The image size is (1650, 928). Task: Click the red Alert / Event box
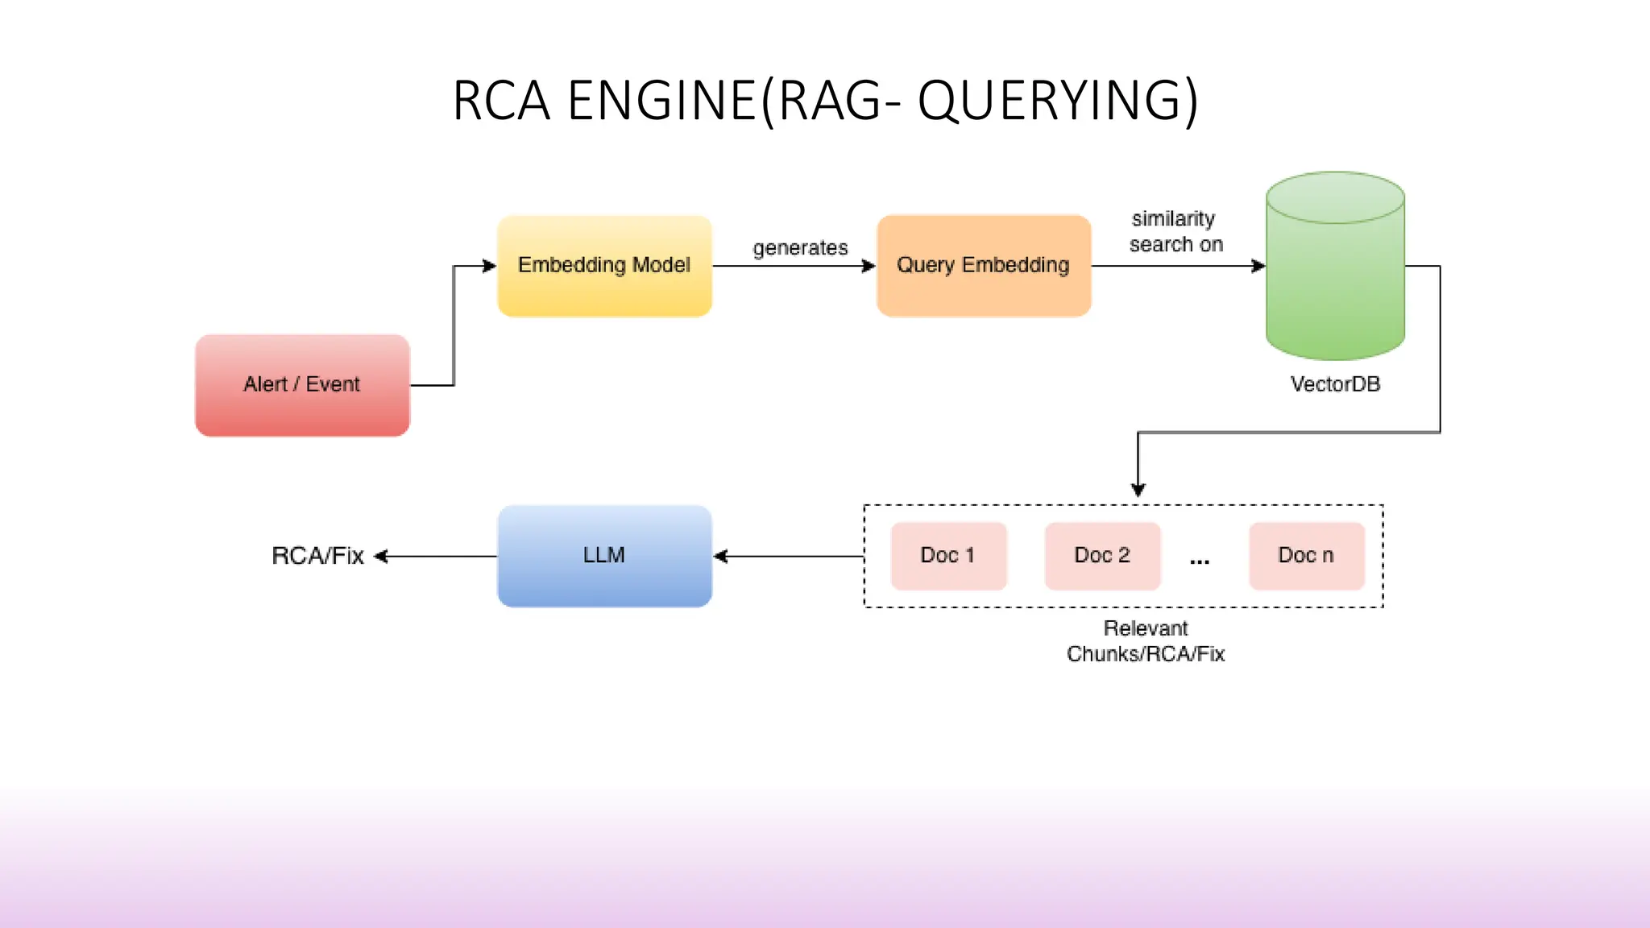tap(302, 385)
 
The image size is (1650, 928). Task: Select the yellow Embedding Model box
tap(604, 265)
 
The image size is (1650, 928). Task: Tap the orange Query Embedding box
tap(983, 265)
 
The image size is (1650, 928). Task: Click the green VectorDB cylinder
tap(1335, 274)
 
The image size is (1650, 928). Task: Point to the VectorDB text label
tap(1335, 384)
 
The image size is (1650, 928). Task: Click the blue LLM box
tap(604, 556)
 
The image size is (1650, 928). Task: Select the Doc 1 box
tap(948, 556)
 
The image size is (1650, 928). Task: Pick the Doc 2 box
tap(1102, 556)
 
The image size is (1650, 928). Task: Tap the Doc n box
tap(1306, 556)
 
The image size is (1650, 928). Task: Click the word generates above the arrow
tap(800, 248)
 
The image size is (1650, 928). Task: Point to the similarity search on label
tap(1175, 231)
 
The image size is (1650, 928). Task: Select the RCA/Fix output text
tap(317, 556)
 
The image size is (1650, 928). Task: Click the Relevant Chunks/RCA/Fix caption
tap(1145, 641)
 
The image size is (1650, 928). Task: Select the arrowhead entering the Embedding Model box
tap(489, 266)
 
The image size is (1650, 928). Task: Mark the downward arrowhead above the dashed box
tap(1138, 489)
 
